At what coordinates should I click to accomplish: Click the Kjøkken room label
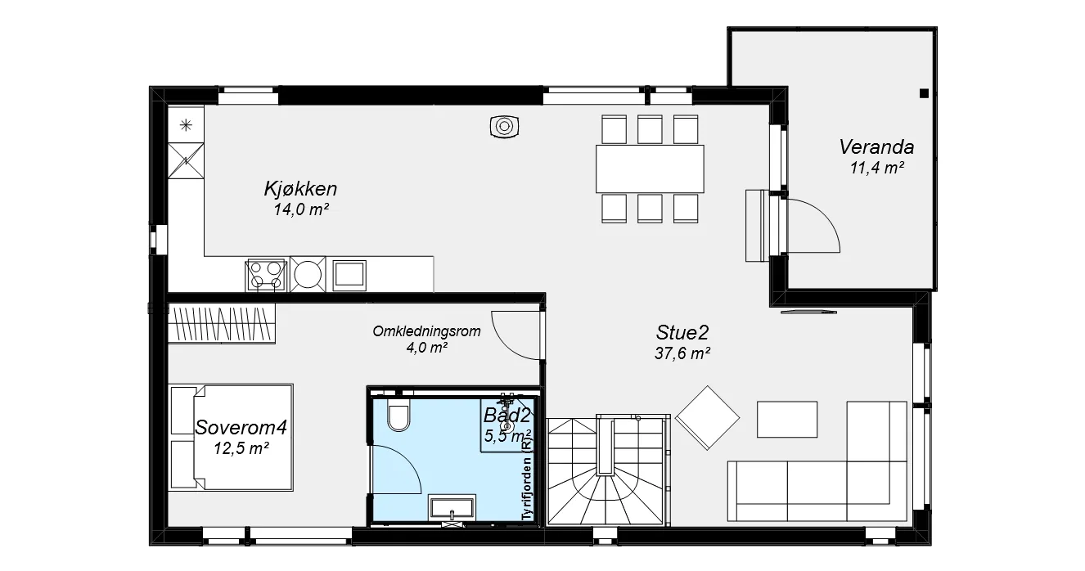[300, 189]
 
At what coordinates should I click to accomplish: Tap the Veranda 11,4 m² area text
[876, 168]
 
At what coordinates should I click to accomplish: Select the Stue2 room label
[682, 333]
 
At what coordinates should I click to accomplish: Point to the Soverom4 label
[241, 428]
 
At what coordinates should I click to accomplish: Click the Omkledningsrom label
[426, 331]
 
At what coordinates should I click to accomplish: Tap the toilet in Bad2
[398, 415]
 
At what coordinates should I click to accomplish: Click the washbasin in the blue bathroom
[452, 506]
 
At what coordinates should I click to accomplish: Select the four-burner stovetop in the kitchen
[265, 275]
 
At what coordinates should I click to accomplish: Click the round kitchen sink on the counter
[308, 274]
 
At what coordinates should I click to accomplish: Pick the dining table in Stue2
[650, 169]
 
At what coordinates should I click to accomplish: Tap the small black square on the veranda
[924, 93]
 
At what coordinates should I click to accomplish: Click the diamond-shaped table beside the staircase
[707, 417]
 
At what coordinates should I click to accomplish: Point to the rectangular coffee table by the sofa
[787, 420]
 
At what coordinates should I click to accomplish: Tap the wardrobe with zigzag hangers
[222, 323]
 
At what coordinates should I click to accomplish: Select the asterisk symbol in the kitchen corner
[186, 125]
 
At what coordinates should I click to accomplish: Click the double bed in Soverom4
[231, 438]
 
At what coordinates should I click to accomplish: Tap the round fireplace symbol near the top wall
[504, 127]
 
